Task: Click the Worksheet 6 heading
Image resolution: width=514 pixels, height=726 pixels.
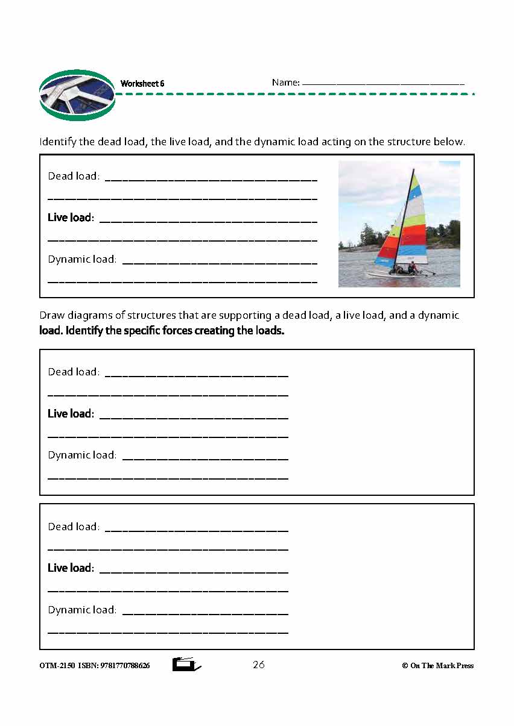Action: click(x=142, y=84)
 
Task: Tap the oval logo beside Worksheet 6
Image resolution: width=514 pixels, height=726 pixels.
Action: click(x=77, y=95)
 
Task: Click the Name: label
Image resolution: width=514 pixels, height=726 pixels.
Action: click(x=285, y=83)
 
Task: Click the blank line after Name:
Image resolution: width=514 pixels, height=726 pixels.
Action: click(x=382, y=84)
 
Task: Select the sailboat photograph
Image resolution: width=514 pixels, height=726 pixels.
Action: click(x=399, y=224)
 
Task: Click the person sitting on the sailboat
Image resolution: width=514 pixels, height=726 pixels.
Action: click(x=413, y=267)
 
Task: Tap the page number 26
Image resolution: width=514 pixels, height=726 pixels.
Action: click(x=259, y=665)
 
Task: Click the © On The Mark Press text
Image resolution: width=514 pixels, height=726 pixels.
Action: click(x=437, y=666)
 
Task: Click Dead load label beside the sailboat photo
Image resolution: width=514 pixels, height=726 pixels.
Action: click(x=73, y=177)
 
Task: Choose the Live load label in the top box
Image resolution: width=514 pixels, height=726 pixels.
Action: click(x=70, y=217)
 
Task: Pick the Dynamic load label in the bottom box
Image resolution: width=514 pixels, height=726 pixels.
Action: click(x=82, y=610)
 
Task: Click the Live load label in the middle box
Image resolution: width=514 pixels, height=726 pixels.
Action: click(x=70, y=414)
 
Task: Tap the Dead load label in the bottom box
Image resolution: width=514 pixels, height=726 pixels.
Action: click(x=73, y=527)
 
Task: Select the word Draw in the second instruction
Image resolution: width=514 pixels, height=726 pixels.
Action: click(x=51, y=316)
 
